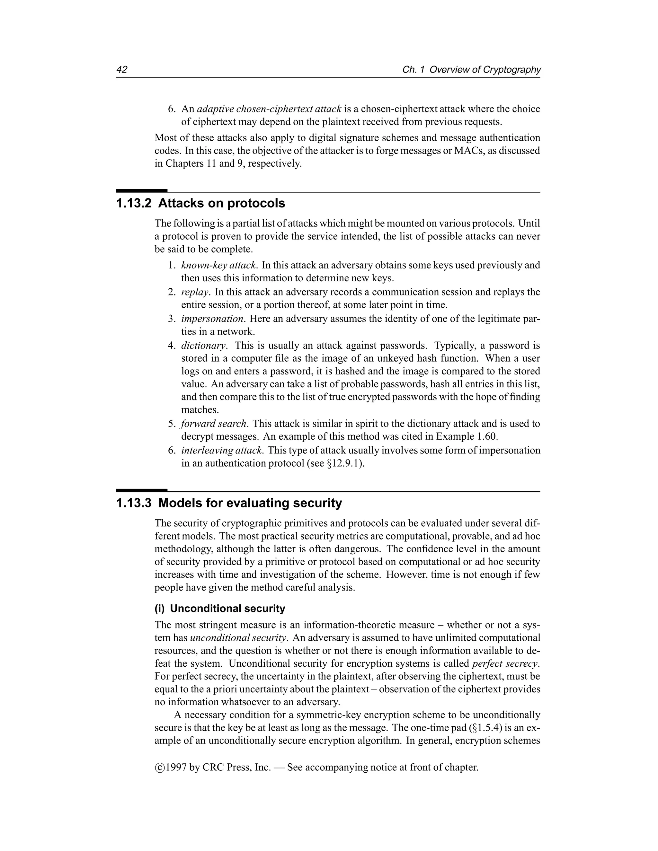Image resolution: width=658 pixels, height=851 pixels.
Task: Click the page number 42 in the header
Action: (x=122, y=70)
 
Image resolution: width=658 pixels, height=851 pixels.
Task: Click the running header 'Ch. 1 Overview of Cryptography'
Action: (x=471, y=70)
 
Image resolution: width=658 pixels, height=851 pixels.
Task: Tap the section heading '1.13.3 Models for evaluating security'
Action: (x=229, y=503)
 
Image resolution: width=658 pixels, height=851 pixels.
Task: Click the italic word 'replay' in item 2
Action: (x=195, y=292)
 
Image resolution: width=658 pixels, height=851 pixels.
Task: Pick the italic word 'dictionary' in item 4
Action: (x=203, y=346)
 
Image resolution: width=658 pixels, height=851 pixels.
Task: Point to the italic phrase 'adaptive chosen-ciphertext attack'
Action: (x=269, y=109)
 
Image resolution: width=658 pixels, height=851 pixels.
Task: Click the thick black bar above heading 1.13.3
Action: (x=141, y=490)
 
